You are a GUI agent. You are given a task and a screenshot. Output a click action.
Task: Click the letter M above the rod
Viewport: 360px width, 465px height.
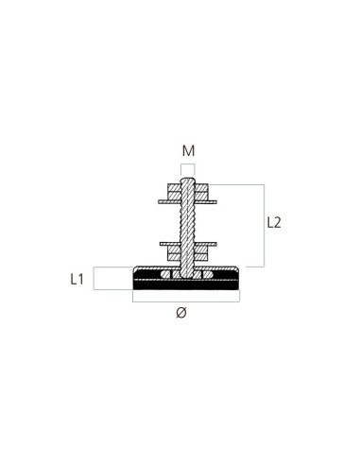[x=188, y=151]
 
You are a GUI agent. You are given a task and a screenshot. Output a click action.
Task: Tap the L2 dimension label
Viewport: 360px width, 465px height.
[x=274, y=223]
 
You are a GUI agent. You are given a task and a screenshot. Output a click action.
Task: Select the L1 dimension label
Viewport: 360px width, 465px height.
[x=78, y=279]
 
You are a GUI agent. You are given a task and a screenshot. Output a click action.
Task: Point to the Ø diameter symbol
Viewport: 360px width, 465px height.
[x=181, y=315]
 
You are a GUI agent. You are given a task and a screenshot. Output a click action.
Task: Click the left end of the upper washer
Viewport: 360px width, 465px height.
[x=157, y=200]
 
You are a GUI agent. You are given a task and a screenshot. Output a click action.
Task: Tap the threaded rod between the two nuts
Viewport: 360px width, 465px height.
[x=188, y=223]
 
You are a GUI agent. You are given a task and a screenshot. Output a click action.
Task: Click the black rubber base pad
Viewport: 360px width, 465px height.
[x=151, y=281]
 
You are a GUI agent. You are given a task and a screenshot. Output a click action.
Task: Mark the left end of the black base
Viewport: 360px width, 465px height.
[x=134, y=281]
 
